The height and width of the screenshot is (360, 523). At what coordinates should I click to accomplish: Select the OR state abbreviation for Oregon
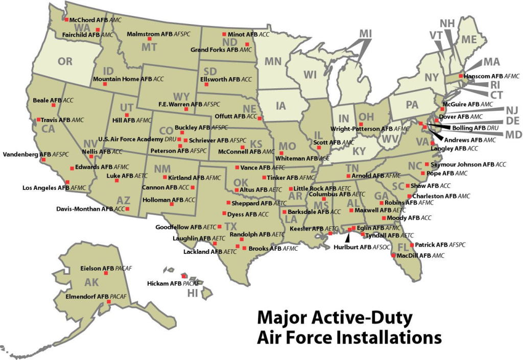pos(65,62)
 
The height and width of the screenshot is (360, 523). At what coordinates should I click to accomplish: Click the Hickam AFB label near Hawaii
pos(164,283)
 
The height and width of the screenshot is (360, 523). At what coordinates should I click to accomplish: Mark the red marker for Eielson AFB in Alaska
pos(106,274)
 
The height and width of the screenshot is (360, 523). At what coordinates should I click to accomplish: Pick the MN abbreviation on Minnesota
pos(273,61)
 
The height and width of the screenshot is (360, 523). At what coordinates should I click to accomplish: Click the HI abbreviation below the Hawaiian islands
pos(193,293)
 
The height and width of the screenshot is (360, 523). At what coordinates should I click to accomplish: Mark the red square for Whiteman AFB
pos(281,152)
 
